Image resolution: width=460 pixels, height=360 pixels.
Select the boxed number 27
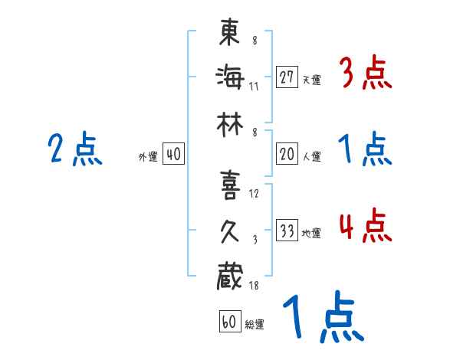coord(287,77)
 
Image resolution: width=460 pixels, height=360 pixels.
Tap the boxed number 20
coord(287,154)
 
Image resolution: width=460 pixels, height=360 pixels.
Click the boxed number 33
coord(287,231)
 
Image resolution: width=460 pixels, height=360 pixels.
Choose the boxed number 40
coord(173,154)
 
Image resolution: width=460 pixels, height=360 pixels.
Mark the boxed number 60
coord(228,322)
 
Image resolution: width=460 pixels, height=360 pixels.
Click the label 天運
coord(311,80)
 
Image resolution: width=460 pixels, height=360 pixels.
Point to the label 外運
coord(149,157)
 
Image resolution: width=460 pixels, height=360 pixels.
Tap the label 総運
coord(255,324)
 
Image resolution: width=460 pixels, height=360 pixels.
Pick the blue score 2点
coord(74,150)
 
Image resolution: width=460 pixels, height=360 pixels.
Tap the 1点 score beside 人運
coord(365,150)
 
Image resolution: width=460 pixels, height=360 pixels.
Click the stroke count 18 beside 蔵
coord(255,285)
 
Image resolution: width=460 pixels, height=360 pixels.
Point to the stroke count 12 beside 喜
coord(255,193)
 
